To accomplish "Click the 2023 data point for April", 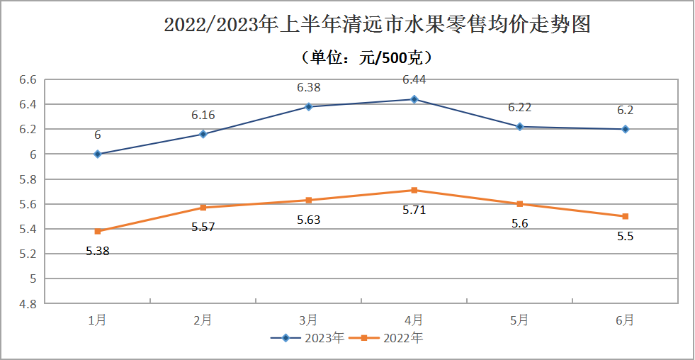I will click(414, 99).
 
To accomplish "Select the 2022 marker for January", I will click(98, 231).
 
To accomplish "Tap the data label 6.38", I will click(309, 89).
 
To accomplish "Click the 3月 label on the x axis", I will click(309, 320).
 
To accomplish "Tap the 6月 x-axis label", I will click(625, 320).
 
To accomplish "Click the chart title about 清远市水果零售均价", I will click(378, 26).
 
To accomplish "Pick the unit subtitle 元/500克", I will click(367, 57).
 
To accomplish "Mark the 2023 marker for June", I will click(626, 129).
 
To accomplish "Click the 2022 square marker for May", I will click(520, 204).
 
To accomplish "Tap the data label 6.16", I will click(203, 116).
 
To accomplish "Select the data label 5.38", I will click(98, 251).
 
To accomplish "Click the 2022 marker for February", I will click(203, 208).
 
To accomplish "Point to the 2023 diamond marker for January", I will click(98, 154).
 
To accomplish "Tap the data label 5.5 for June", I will click(625, 237).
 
